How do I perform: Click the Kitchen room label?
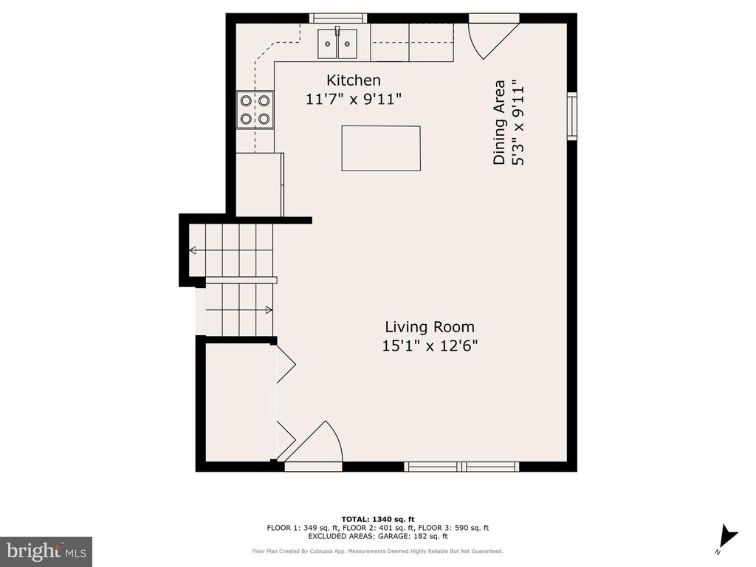(354, 80)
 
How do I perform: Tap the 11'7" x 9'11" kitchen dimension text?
(354, 99)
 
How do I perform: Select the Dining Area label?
(500, 122)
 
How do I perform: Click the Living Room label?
(430, 327)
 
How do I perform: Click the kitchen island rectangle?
(381, 148)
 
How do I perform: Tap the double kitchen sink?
(337, 44)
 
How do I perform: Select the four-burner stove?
(255, 109)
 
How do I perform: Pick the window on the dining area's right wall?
(571, 116)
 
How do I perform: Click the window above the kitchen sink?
(337, 18)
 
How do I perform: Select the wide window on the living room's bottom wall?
(461, 467)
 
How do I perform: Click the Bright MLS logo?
(46, 551)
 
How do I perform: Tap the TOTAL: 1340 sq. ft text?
(377, 519)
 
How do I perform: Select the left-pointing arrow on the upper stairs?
(193, 251)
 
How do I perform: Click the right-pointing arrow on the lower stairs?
(269, 309)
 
